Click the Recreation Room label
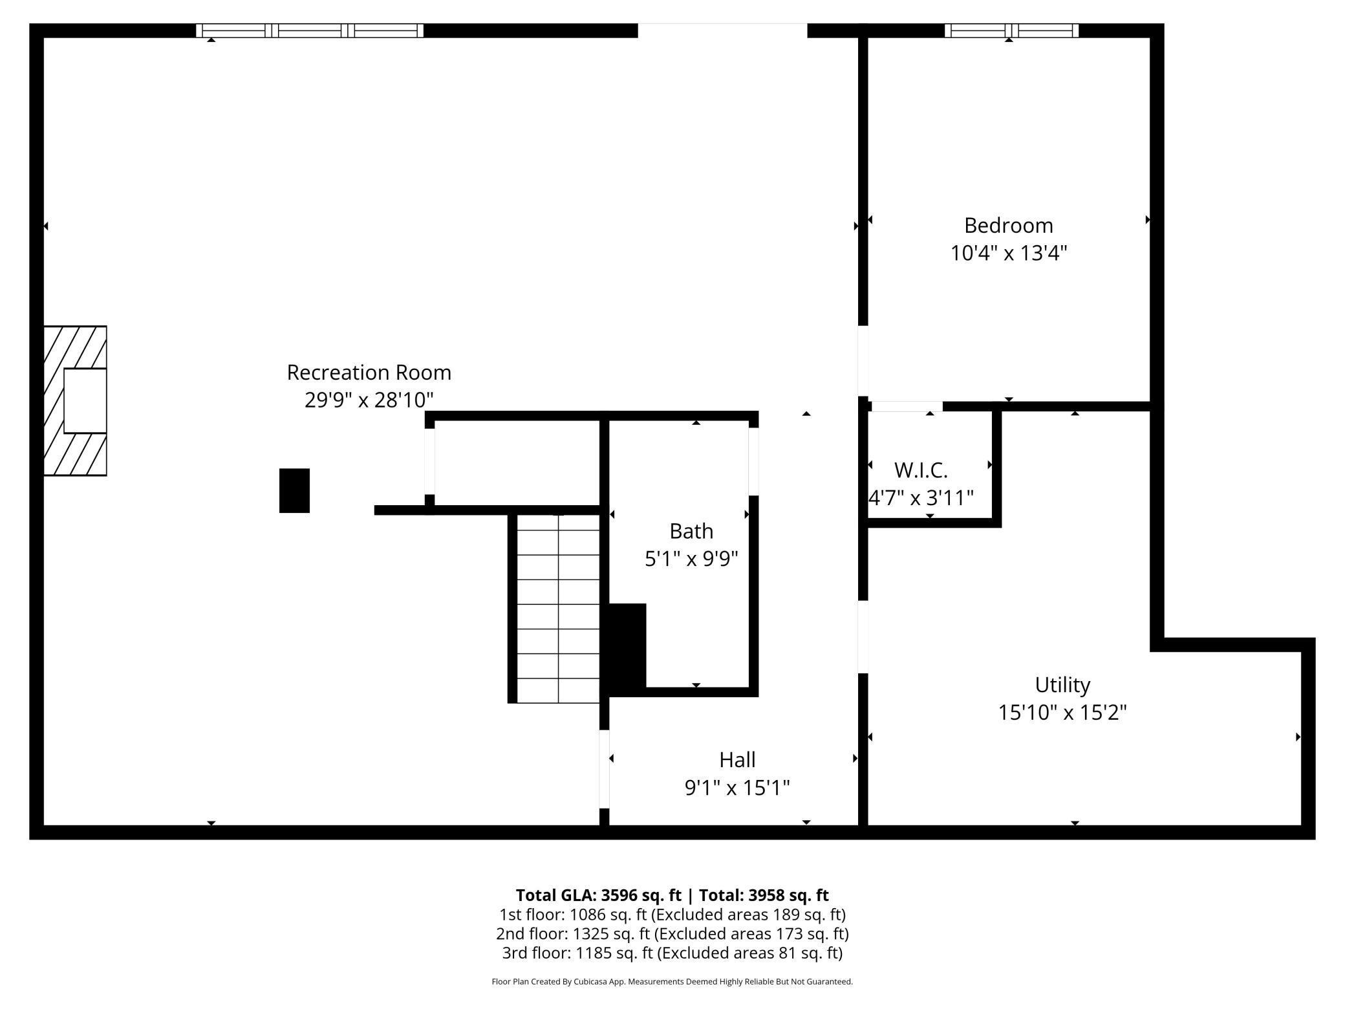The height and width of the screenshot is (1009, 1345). [369, 373]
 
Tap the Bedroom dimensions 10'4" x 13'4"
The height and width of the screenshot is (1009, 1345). [1008, 253]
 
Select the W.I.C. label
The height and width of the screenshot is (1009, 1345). [920, 470]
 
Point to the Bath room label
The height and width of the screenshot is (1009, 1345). [691, 531]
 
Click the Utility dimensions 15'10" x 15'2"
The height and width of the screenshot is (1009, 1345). [1062, 713]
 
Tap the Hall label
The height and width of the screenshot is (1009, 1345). [737, 760]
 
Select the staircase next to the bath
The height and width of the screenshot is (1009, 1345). [558, 608]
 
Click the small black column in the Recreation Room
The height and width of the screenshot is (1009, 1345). [294, 491]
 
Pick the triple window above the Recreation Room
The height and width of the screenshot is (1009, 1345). [310, 30]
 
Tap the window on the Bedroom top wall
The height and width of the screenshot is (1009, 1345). [1011, 30]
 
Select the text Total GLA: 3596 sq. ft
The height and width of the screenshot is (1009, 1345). [598, 895]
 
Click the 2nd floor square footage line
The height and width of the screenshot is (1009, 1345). [672, 934]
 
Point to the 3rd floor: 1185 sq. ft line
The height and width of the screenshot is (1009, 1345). [672, 953]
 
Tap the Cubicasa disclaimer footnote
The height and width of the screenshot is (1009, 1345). [672, 982]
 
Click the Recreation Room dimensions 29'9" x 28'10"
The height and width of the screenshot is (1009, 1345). [369, 400]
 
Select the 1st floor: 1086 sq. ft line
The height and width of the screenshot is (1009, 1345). [672, 915]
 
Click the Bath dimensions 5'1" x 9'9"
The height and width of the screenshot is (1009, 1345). [691, 559]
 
